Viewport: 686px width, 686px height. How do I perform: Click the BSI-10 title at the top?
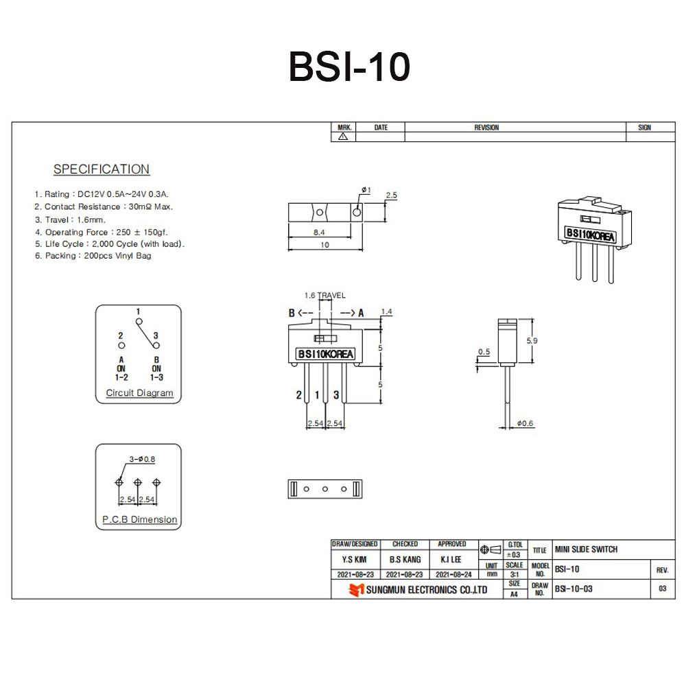pos(349,67)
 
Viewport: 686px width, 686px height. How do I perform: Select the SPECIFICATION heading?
pos(102,169)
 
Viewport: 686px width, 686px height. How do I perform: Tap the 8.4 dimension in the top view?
pos(319,233)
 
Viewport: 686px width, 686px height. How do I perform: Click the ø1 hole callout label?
pos(365,190)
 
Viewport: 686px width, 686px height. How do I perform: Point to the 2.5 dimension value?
pos(392,196)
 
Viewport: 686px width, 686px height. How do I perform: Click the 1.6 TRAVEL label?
pos(325,296)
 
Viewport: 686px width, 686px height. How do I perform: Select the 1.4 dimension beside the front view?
pos(386,311)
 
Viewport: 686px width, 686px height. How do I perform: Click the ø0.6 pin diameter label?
pos(525,423)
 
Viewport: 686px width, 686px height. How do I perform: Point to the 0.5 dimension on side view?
pos(484,352)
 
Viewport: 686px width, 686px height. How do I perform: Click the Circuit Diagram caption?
pos(139,394)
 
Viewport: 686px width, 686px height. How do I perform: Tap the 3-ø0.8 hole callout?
pos(142,459)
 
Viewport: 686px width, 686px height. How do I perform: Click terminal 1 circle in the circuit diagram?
pos(138,320)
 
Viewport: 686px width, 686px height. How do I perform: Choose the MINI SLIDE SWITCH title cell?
pos(586,549)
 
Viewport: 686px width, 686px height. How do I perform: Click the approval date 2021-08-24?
pos(453,574)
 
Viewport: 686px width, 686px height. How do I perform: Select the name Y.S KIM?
pos(355,560)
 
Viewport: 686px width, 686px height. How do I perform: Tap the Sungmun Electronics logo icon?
pos(356,590)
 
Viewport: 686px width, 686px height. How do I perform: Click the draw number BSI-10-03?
pos(573,589)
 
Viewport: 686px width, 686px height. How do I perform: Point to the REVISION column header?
pos(486,128)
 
